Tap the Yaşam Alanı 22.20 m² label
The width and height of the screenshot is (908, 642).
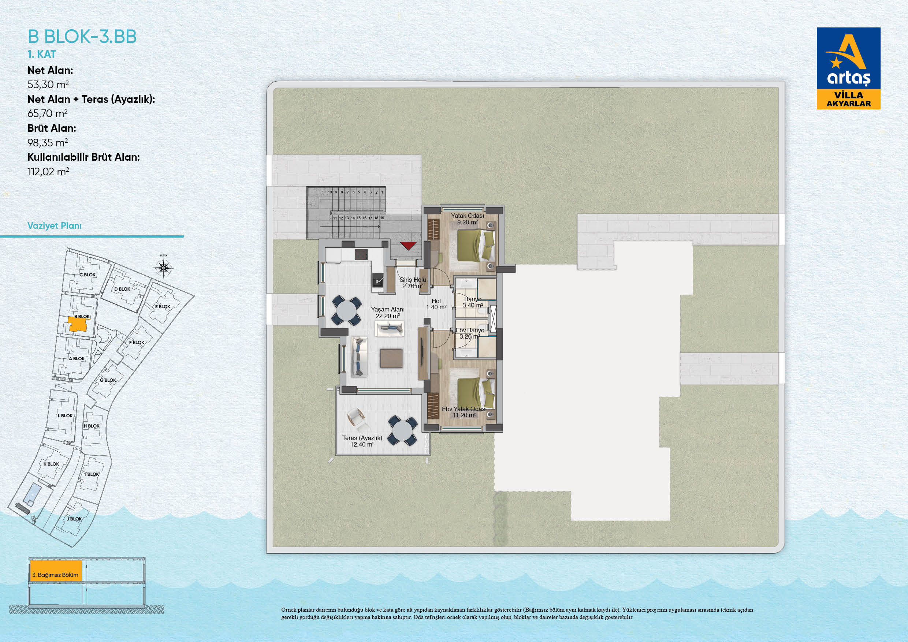pos(388,313)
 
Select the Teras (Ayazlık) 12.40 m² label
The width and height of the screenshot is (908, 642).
pos(362,441)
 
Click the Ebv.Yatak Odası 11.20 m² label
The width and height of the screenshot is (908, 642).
pos(464,412)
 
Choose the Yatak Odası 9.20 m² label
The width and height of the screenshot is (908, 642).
pos(468,219)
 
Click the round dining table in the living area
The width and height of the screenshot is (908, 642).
pos(347,311)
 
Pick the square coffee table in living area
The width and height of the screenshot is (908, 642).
pos(391,358)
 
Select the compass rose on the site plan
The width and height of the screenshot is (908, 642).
pos(163,268)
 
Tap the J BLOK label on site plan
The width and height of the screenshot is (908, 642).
pos(74,519)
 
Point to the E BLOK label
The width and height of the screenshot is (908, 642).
pos(163,306)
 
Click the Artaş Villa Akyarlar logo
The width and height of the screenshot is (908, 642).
pos(849,68)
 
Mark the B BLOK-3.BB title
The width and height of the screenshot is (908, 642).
pos(82,37)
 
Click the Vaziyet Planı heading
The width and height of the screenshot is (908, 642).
pos(55,226)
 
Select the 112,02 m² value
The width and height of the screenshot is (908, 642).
pos(48,172)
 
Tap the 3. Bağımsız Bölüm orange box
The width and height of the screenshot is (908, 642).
pos(55,571)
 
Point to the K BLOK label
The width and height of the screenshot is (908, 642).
pos(51,464)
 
